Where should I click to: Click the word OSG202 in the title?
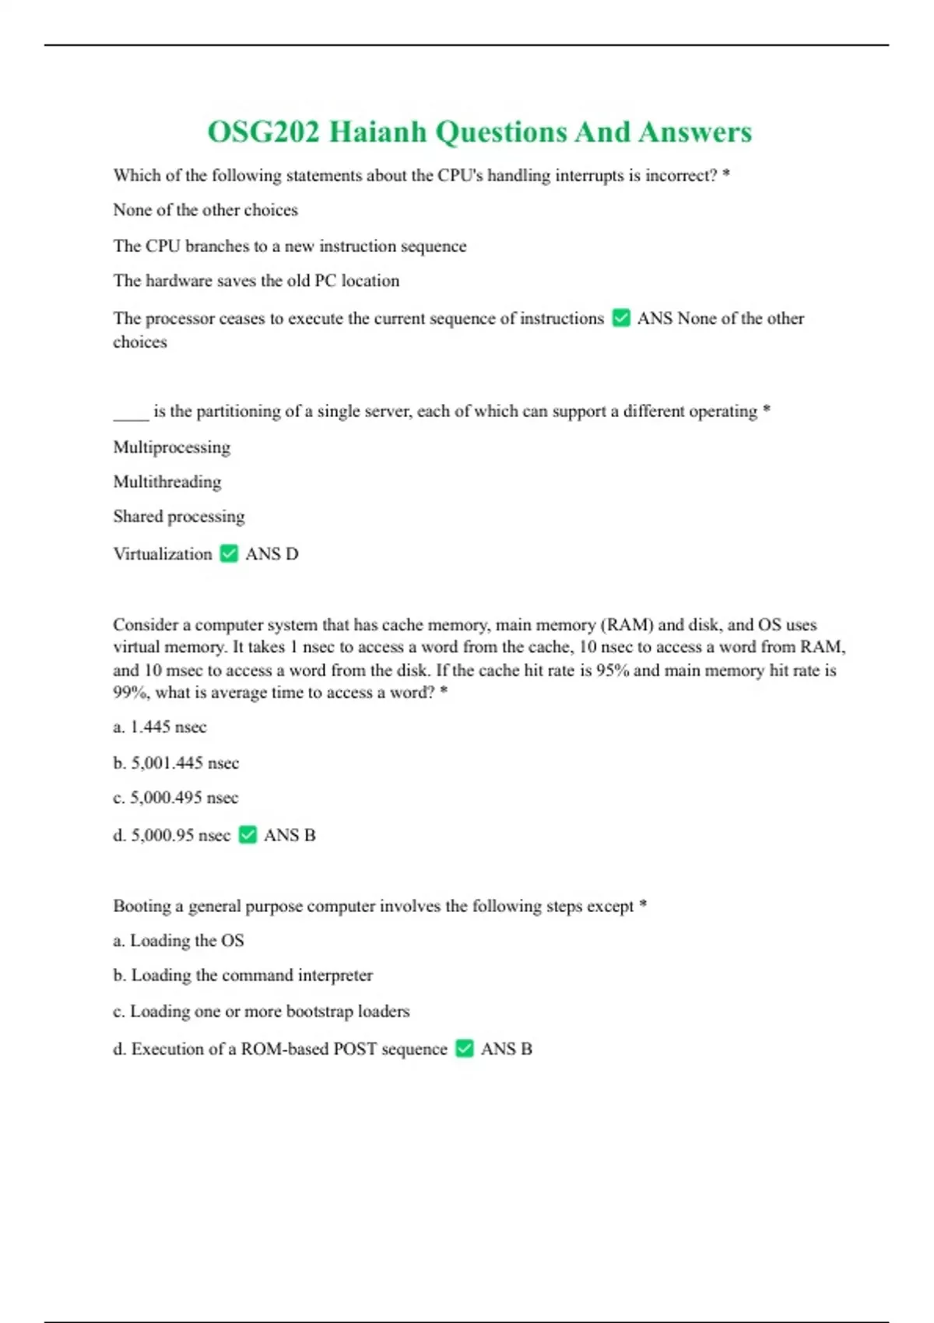263,132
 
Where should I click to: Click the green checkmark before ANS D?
229,553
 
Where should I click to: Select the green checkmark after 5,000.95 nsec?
248,834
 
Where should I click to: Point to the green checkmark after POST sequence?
465,1048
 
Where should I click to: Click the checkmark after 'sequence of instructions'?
621,318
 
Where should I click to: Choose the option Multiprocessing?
172,447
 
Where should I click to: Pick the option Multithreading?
167,482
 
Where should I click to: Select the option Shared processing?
179,517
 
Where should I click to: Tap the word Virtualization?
163,554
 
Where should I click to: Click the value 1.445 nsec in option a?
168,727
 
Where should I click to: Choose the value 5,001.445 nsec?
185,763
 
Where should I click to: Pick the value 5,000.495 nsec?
184,798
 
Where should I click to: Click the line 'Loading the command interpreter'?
252,975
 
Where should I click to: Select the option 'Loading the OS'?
187,940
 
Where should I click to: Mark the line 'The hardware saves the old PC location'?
256,281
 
